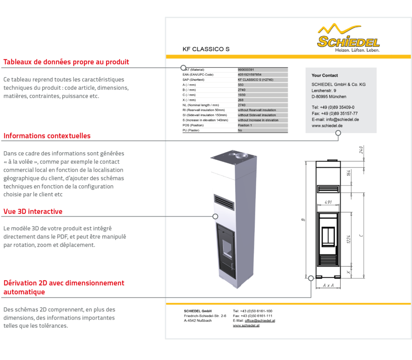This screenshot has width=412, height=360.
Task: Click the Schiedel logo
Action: [348, 38]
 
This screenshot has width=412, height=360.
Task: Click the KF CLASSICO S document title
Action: [206, 49]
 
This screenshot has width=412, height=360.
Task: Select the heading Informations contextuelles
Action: [47, 136]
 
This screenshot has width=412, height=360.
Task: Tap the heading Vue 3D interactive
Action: [33, 211]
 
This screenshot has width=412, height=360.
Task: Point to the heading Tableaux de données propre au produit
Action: [66, 62]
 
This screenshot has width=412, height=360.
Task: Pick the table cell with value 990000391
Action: [246, 70]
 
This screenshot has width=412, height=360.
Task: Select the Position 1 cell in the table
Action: [245, 125]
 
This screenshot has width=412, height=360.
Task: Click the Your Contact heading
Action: [324, 76]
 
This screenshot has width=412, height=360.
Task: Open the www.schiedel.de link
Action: [327, 126]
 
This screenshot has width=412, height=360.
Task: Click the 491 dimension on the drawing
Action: [328, 202]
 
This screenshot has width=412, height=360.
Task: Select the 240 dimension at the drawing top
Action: [361, 149]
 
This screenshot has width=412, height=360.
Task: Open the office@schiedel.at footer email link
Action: [260, 320]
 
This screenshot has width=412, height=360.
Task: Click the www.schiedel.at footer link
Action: [246, 326]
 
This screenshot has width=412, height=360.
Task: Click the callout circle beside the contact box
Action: [338, 133]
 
